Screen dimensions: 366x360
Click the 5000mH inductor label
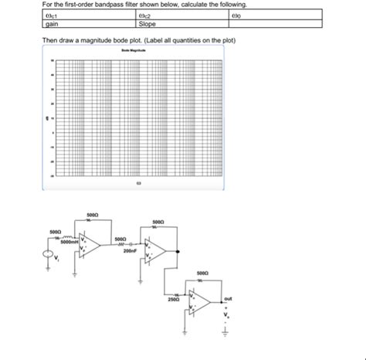[x=69, y=242]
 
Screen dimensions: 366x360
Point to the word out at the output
[x=228, y=299]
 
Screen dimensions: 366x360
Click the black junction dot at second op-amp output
[x=178, y=251]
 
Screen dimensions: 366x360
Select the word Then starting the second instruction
[x=49, y=39]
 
